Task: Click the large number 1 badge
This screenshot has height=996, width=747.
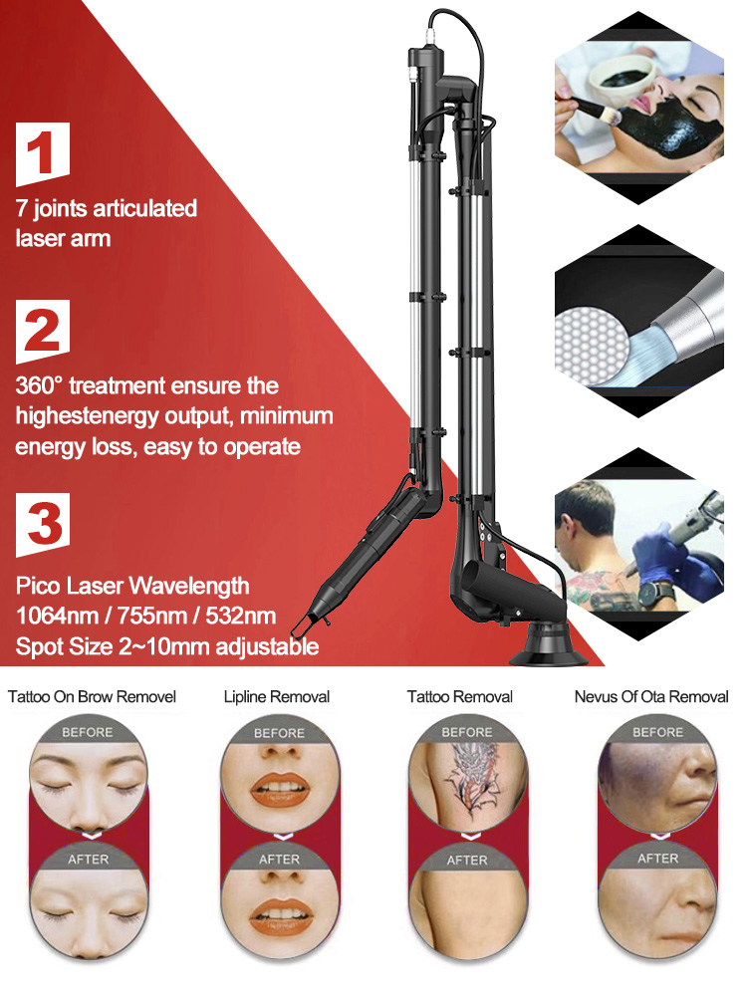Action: click(x=42, y=155)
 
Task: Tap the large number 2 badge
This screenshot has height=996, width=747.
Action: click(x=42, y=331)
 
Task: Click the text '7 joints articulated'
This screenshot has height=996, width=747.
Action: click(x=106, y=209)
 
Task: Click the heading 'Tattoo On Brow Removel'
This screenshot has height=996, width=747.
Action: click(x=92, y=697)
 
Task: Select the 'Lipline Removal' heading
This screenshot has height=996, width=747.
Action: click(x=277, y=697)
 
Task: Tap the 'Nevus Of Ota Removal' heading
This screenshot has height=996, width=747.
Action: click(x=651, y=697)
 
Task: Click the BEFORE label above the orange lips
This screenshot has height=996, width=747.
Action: click(x=279, y=733)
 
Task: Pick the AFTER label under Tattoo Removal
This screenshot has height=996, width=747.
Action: click(x=466, y=860)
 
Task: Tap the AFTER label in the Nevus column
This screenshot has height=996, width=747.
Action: click(x=657, y=858)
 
